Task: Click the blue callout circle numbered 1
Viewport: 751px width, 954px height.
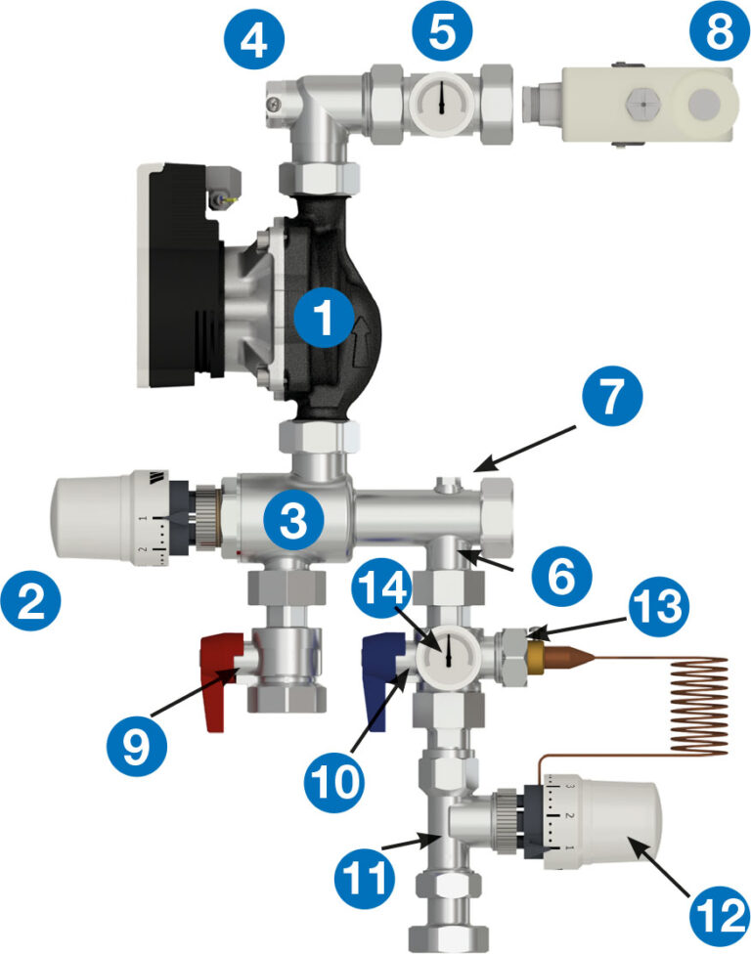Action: (x=323, y=317)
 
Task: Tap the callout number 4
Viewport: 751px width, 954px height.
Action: (x=254, y=39)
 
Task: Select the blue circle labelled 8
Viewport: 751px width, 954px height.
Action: (x=720, y=30)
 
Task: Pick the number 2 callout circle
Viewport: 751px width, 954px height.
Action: (x=31, y=602)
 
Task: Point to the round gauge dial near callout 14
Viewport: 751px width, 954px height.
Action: (x=447, y=652)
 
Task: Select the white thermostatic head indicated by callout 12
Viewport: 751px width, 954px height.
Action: (x=602, y=821)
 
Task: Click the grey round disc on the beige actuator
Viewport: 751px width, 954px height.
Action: (x=704, y=104)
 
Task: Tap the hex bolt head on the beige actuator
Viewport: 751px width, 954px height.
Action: (x=638, y=104)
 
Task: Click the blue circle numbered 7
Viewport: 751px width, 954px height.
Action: (x=612, y=397)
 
